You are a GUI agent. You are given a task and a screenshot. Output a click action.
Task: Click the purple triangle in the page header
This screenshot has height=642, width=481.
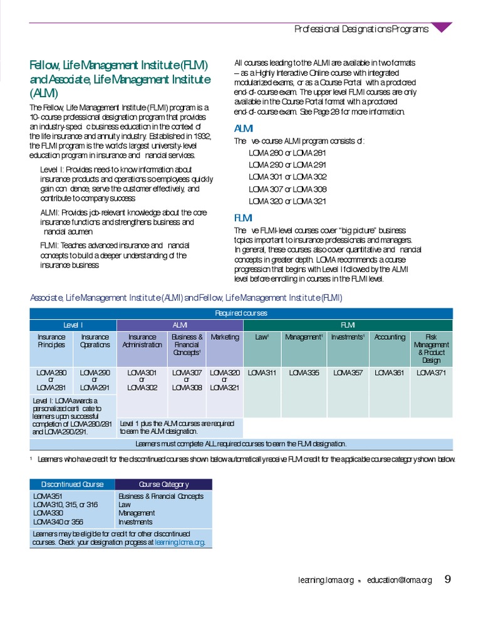[442, 27]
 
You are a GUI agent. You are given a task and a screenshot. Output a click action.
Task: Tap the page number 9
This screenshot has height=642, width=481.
[448, 579]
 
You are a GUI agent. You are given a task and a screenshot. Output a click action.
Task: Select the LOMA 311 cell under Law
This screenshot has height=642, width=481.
[262, 372]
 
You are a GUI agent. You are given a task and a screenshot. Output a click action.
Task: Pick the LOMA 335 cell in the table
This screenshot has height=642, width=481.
[304, 372]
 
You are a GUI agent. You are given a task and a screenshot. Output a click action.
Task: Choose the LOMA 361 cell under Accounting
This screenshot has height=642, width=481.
[390, 372]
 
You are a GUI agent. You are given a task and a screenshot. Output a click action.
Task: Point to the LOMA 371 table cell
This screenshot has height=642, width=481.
[432, 372]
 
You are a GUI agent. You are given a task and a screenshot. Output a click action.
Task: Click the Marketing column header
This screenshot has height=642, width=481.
[225, 337]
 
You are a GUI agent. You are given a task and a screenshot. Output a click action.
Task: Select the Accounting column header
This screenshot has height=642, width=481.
[390, 337]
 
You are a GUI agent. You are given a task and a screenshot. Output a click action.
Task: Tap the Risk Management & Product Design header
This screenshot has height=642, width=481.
[432, 348]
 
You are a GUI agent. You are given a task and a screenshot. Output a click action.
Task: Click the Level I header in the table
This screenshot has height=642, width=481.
[73, 325]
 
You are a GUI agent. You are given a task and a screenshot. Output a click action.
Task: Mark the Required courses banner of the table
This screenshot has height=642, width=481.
[241, 313]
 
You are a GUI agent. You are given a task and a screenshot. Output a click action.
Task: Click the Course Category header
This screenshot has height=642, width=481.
[163, 484]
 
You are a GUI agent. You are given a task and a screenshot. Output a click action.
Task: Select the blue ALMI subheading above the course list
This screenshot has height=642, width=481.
[243, 129]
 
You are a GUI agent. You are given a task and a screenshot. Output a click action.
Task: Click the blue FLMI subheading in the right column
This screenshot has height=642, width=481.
[243, 218]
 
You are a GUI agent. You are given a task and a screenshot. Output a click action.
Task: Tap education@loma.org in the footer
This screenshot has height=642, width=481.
[400, 580]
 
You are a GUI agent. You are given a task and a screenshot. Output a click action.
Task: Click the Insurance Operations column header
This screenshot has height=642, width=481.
[95, 340]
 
